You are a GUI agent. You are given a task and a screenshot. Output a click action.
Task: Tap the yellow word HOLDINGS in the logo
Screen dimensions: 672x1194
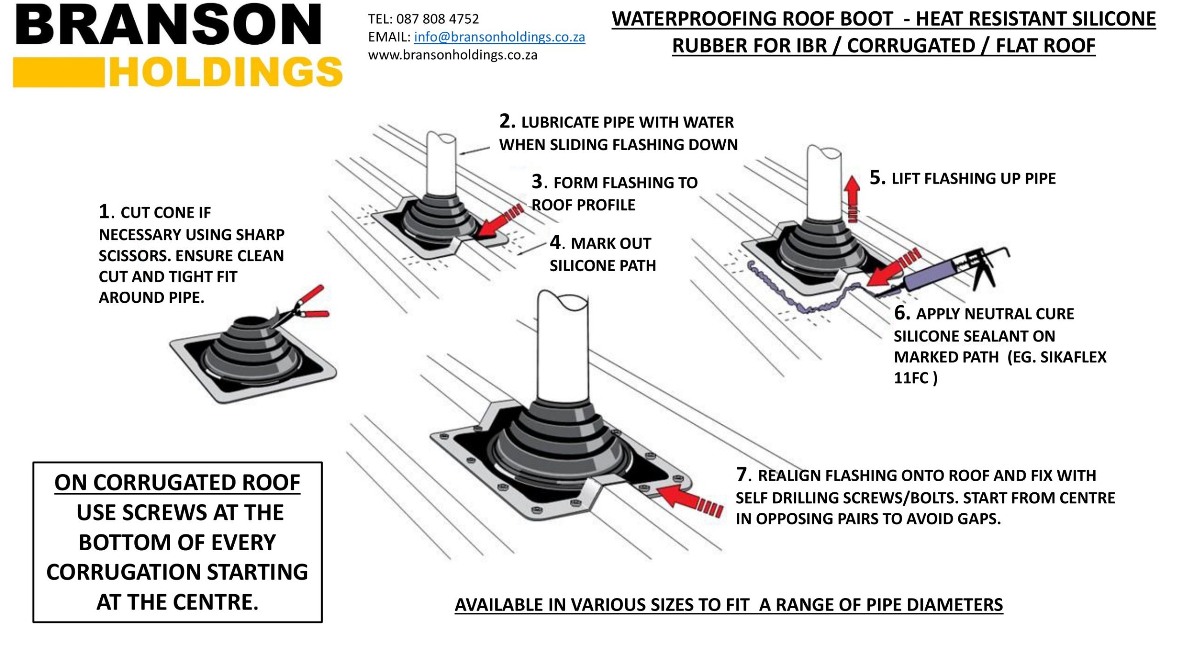click(226, 72)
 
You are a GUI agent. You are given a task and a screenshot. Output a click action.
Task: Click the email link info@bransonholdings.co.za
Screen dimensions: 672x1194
click(499, 37)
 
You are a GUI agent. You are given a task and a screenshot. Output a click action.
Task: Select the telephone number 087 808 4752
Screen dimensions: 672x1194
click(437, 19)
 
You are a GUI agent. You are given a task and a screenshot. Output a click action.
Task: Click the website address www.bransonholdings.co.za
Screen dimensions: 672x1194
click(452, 55)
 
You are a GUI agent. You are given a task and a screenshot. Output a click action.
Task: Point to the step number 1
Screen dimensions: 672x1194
click(104, 211)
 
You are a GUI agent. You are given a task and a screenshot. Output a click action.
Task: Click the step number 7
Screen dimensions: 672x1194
click(742, 474)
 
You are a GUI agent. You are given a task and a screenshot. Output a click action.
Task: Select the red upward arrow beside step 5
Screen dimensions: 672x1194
click(853, 198)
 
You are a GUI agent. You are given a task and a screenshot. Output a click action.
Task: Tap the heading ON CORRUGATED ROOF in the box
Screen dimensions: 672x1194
click(177, 483)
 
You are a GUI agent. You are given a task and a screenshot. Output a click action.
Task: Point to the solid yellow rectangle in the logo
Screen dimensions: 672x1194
click(59, 72)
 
